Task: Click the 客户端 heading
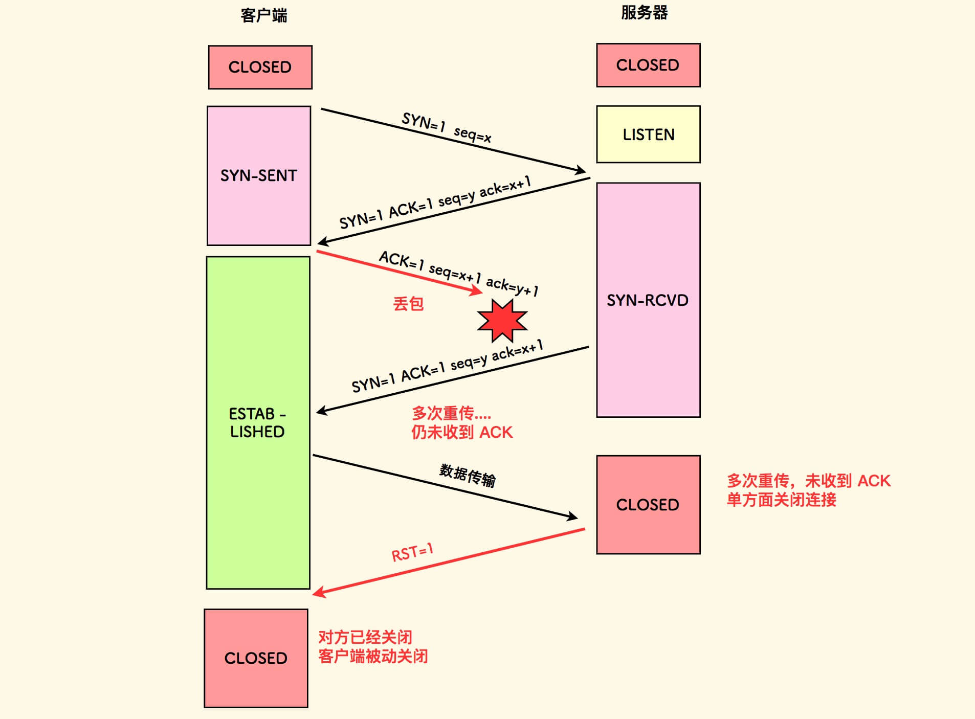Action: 263,15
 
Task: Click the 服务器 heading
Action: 644,13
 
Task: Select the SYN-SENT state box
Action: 259,175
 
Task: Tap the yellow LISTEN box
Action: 648,134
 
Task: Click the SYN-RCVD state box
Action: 648,300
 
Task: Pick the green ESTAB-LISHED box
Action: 258,422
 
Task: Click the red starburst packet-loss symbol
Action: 502,321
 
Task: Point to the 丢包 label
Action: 408,304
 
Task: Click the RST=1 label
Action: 412,552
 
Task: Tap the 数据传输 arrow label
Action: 468,476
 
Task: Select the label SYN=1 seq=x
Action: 447,127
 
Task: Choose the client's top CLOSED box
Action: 260,67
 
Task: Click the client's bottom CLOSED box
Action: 256,658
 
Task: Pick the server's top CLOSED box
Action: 648,65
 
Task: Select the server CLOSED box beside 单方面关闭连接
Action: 648,505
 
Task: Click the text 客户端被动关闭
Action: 373,656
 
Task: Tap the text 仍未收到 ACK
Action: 461,432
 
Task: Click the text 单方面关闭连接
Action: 781,500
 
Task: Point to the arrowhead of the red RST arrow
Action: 316,593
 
